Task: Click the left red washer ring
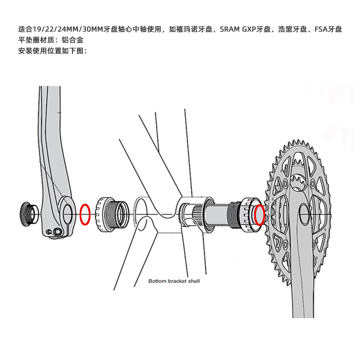pos(85,214)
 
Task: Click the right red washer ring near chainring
pos(259,215)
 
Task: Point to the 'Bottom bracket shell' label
pos(174,281)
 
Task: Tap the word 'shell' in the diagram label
pos(194,281)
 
